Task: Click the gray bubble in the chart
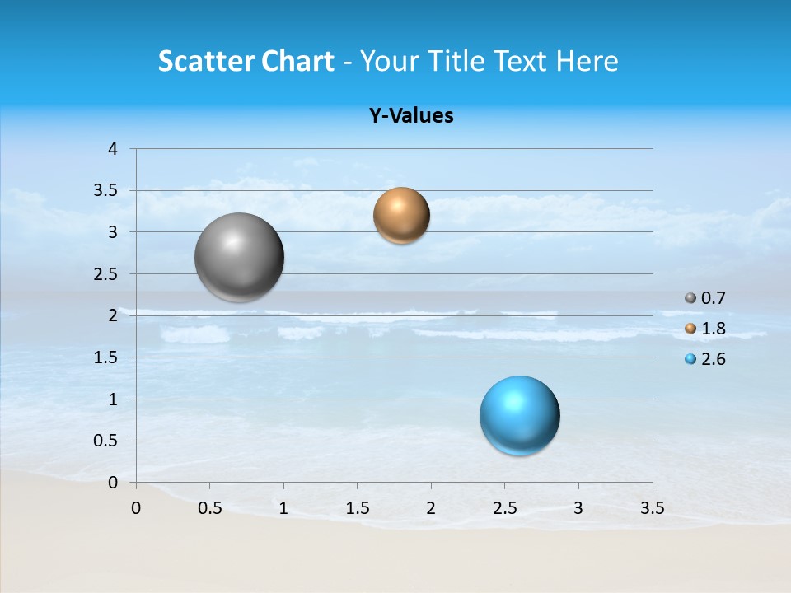[239, 257]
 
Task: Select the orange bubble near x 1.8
[401, 216]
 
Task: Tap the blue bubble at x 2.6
[519, 415]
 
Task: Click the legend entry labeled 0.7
[705, 298]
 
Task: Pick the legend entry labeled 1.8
[705, 329]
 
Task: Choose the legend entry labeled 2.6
[705, 359]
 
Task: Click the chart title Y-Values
[411, 116]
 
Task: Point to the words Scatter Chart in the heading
[246, 61]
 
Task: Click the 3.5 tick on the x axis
[652, 508]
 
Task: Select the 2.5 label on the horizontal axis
[504, 508]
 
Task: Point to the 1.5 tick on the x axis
[357, 508]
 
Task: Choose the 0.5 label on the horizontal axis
[209, 508]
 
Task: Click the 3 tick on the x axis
[578, 508]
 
